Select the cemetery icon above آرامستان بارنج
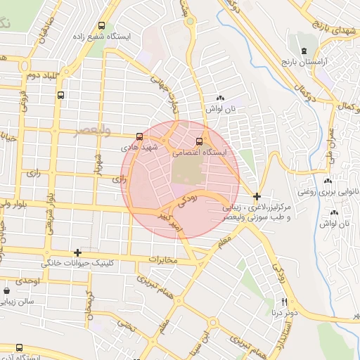coord(304,51)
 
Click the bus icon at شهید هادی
coord(139,136)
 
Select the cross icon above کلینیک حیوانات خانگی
coord(77,252)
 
